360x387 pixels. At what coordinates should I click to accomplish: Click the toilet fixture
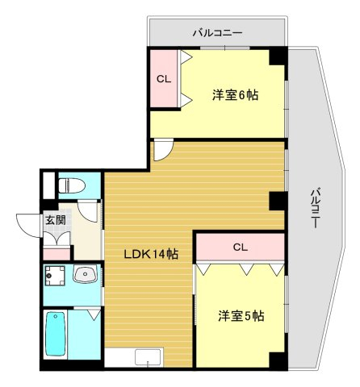click(72, 185)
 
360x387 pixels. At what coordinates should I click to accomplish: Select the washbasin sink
click(86, 274)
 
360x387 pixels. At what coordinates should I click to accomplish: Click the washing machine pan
click(55, 276)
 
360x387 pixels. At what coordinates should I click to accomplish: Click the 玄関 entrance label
click(56, 220)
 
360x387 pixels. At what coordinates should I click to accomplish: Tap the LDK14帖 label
click(151, 254)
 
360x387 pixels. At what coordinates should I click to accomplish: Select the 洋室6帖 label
click(236, 95)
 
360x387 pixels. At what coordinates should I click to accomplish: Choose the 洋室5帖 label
click(241, 316)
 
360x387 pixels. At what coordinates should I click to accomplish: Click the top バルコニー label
click(218, 33)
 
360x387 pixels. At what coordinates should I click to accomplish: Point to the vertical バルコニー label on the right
click(315, 208)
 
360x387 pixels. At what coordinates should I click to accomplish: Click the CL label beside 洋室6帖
click(164, 79)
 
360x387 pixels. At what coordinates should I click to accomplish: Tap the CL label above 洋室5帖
click(241, 248)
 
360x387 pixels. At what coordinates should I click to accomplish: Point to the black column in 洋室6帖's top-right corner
click(278, 56)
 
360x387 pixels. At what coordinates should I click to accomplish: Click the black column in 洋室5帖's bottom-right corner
click(278, 361)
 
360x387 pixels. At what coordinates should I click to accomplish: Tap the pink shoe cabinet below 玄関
click(57, 255)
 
